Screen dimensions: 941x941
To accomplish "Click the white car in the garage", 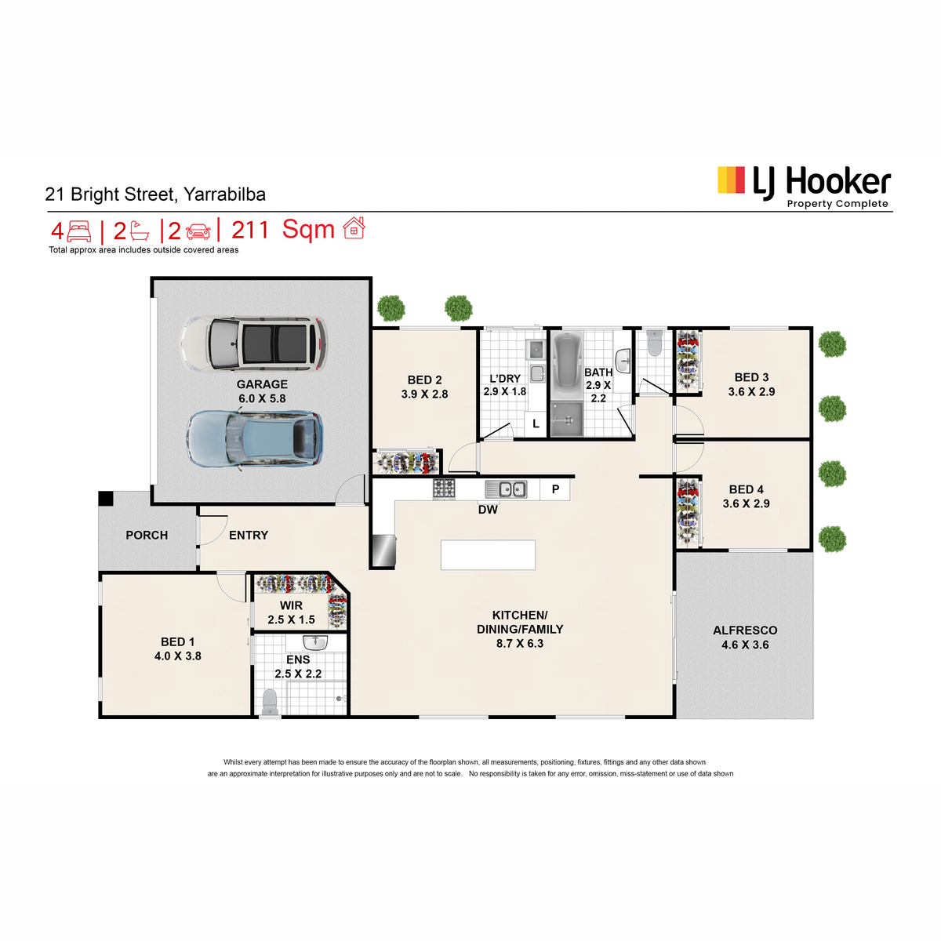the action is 253,343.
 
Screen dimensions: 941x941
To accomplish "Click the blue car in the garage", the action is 254,439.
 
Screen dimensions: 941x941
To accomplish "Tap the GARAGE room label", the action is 262,384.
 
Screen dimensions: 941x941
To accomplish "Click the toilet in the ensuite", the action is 270,701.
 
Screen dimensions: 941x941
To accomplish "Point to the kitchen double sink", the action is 506,489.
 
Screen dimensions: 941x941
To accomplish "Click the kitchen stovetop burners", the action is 444,489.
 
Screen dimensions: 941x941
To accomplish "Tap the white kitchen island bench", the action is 488,554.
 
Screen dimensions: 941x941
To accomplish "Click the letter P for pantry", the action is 555,489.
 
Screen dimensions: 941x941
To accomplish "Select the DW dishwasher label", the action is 488,510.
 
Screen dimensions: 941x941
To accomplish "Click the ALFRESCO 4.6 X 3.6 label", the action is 745,638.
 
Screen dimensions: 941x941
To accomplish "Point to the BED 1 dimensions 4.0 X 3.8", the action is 178,656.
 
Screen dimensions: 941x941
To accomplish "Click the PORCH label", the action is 147,536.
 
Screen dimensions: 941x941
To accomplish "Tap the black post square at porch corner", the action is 106,499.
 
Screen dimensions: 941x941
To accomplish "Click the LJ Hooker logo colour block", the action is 731,180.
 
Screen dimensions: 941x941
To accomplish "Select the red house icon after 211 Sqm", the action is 354,228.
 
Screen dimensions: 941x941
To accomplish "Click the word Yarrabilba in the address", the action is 224,194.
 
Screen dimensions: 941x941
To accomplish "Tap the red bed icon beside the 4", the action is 78,231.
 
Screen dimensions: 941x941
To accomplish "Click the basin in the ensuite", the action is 315,641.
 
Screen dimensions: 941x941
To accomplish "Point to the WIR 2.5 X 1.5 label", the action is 291,612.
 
